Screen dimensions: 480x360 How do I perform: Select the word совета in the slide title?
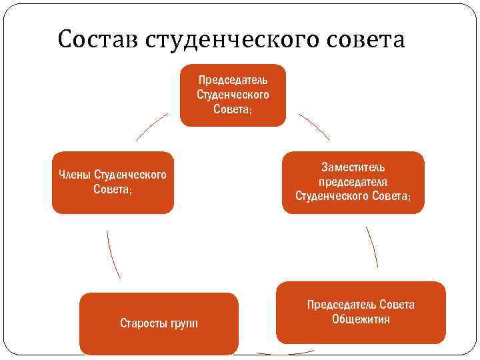[x=367, y=40]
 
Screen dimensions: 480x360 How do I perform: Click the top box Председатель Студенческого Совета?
[x=233, y=95]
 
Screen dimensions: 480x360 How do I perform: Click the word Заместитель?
[x=353, y=167]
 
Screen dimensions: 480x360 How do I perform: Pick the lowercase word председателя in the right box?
[x=353, y=182]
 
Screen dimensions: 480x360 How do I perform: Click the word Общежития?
[x=361, y=319]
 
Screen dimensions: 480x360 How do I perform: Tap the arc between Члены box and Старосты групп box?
[x=113, y=254]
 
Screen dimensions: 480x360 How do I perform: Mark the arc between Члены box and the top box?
[x=152, y=126]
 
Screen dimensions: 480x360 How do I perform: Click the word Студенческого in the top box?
[x=233, y=95]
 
